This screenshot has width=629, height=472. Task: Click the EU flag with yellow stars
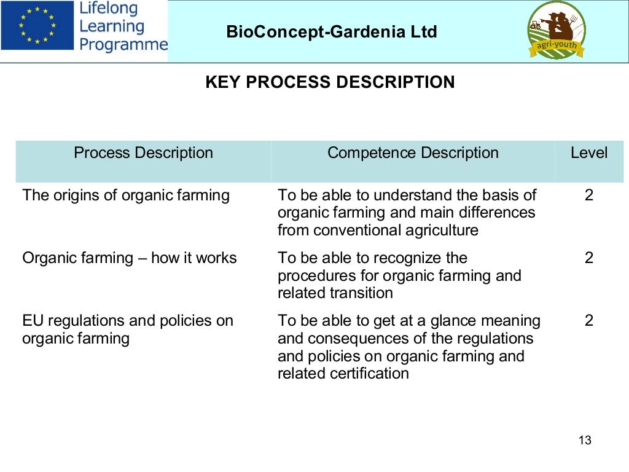coord(37,25)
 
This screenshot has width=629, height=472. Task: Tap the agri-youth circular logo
coord(557,30)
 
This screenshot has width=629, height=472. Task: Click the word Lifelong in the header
coord(109,9)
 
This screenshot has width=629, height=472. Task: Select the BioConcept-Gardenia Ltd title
coord(332,31)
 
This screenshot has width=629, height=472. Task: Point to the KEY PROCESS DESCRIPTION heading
coord(330,82)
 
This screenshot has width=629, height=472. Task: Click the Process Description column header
coord(143,153)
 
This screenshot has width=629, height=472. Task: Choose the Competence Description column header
coord(413,153)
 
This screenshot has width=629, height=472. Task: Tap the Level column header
coord(588,153)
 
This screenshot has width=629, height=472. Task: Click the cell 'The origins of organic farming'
coord(126,195)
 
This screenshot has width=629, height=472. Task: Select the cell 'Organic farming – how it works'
coord(130,258)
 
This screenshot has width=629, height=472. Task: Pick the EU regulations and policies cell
coord(128,329)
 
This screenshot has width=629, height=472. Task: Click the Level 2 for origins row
coord(589,195)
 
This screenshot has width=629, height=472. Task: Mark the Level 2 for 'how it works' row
coord(589,258)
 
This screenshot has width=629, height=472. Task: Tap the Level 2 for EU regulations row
coord(589,321)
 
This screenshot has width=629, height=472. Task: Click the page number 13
coord(585,441)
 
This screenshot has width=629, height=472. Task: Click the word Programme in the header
coord(123,44)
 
